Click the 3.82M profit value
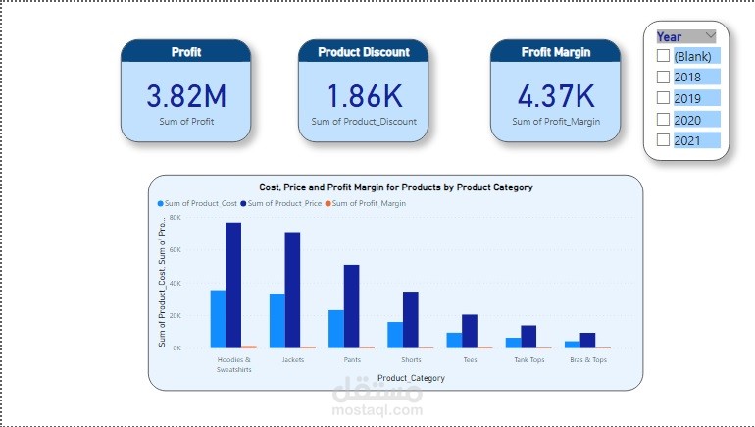pos(186,96)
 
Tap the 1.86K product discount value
pos(364,96)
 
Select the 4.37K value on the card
pos(555,96)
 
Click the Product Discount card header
pos(364,52)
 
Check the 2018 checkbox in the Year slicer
pos(664,77)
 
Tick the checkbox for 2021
pos(664,140)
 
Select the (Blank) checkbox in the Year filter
pos(664,56)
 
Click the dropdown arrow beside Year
pos(710,36)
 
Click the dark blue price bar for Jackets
pos(292,290)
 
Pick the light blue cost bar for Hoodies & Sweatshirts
pos(218,319)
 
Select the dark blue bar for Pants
pos(351,306)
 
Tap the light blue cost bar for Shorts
pos(395,335)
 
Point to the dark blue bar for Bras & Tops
pos(587,341)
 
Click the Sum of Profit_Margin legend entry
pos(370,203)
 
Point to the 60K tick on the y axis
pos(176,250)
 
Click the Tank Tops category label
pos(528,359)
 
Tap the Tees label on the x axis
pos(470,359)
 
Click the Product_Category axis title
pos(411,378)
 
